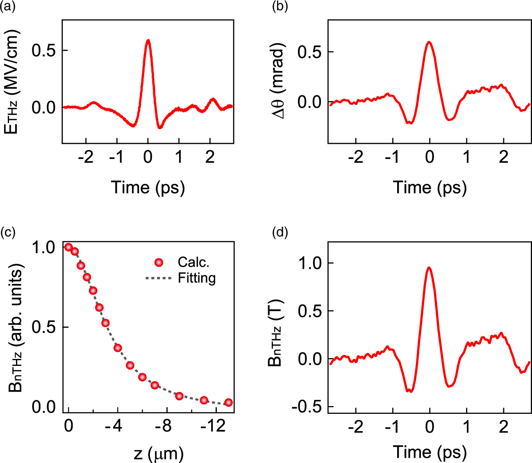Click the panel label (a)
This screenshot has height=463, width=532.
click(x=8, y=7)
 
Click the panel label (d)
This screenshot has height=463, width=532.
click(x=280, y=233)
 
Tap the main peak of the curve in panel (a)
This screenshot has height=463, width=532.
click(x=148, y=40)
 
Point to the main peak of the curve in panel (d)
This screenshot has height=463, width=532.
click(x=429, y=268)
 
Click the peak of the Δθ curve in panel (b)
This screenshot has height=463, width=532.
click(x=429, y=42)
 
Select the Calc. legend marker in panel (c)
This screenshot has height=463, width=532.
click(x=159, y=262)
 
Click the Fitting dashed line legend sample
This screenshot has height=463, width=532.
click(x=158, y=278)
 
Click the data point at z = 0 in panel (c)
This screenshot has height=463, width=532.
click(x=68, y=247)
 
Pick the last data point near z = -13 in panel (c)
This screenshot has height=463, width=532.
click(x=229, y=402)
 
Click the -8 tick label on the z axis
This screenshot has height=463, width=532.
click(x=163, y=427)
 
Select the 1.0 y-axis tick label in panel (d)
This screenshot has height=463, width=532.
click(x=310, y=263)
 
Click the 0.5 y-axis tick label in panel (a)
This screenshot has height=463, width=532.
click(x=44, y=51)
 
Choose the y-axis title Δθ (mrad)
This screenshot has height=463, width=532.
click(x=279, y=80)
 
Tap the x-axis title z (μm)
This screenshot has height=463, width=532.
click(x=158, y=453)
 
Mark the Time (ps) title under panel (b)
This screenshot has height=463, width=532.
click(x=430, y=188)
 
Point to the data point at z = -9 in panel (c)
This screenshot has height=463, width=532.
click(x=179, y=396)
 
